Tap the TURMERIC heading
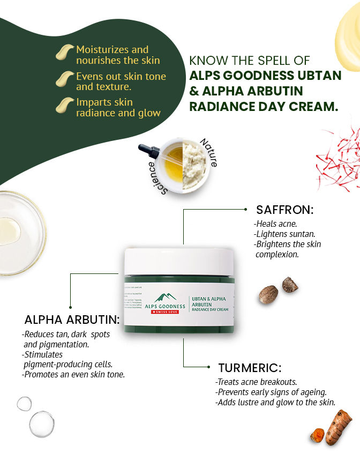[x=250, y=368]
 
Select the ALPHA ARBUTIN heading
[x=72, y=320]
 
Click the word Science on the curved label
[x=156, y=177]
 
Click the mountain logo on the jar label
[x=166, y=297]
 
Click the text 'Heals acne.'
[x=275, y=224]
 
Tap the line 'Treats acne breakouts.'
[x=256, y=382]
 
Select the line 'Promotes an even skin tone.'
[x=73, y=374]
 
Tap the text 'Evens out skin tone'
[x=121, y=76]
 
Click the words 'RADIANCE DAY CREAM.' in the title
[x=264, y=106]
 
